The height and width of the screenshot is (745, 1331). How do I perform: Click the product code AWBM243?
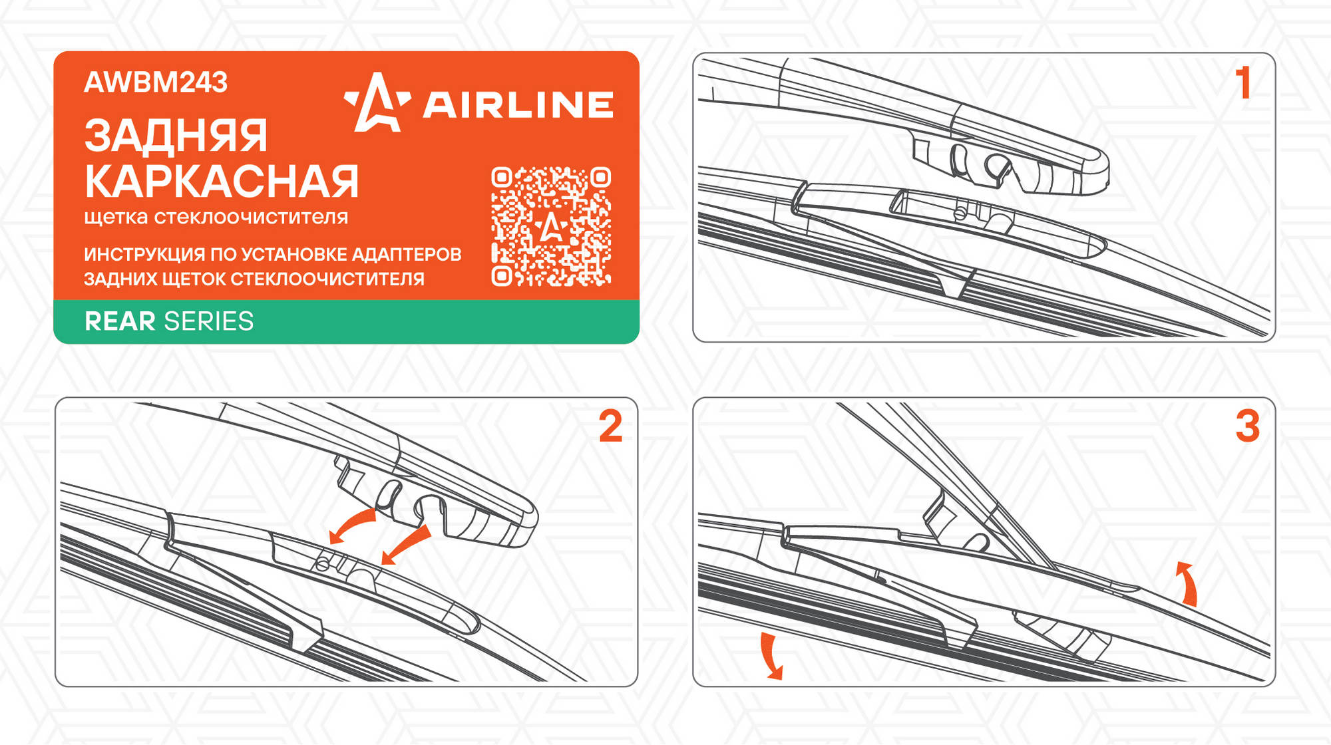click(x=156, y=82)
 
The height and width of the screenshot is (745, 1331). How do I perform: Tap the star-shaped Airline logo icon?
click(x=377, y=103)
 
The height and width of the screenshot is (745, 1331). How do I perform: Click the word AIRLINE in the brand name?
click(x=518, y=105)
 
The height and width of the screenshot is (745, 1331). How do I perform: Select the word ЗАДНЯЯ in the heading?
click(x=176, y=136)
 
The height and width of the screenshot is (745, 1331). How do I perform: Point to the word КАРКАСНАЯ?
click(x=222, y=181)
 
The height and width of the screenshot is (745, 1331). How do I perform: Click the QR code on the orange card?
click(x=551, y=226)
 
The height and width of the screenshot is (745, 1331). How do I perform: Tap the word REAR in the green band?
click(x=120, y=321)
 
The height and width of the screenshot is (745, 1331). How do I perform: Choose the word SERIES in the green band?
click(x=209, y=321)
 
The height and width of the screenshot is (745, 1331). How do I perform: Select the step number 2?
click(x=610, y=426)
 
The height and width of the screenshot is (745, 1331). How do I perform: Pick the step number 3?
click(x=1248, y=426)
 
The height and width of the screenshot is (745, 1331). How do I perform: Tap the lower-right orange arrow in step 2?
click(x=406, y=545)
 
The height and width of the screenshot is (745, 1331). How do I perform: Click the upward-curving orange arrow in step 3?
click(x=1189, y=581)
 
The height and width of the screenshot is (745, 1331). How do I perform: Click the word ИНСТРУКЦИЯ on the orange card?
click(x=144, y=254)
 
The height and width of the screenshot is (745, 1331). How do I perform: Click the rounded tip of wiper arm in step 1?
click(x=1101, y=166)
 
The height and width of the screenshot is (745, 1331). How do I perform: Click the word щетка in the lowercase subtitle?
click(x=116, y=218)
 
